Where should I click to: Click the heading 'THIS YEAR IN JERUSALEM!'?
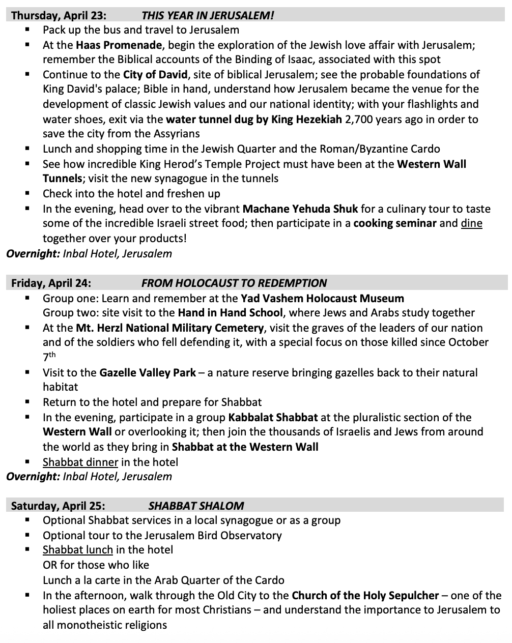click(x=208, y=15)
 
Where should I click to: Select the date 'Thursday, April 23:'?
click(x=59, y=15)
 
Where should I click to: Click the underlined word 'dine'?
click(x=471, y=223)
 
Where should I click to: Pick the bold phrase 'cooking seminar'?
click(x=394, y=223)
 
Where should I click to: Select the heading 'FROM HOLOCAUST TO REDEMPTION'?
click(x=234, y=283)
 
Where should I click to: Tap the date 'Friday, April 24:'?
click(x=51, y=283)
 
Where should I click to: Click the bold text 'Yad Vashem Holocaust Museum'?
click(x=322, y=298)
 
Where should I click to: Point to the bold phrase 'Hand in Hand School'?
click(x=230, y=313)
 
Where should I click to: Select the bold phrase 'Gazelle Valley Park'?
click(x=148, y=373)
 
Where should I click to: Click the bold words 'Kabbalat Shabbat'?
click(x=273, y=418)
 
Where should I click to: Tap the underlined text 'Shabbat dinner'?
click(x=80, y=462)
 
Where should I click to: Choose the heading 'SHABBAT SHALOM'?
click(x=196, y=506)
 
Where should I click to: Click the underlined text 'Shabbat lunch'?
click(x=78, y=550)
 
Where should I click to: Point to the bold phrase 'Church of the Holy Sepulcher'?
click(x=365, y=595)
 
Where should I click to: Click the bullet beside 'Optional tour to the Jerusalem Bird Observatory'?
click(x=27, y=535)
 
